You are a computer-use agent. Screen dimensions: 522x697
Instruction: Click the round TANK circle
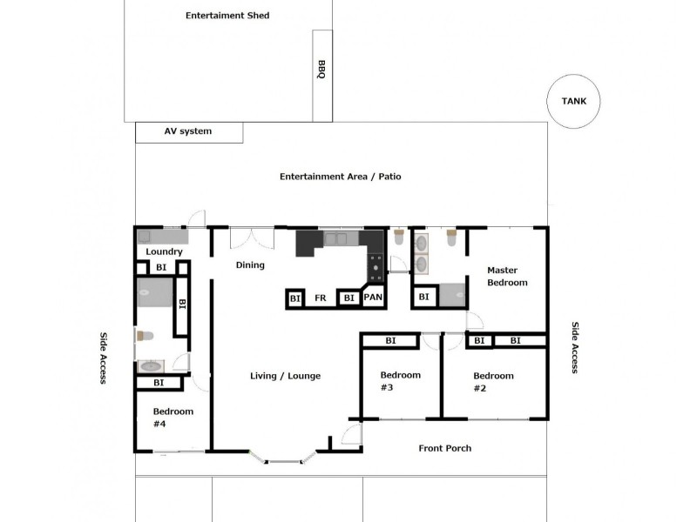(x=574, y=102)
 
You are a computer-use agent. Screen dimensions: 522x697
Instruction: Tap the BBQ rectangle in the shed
(x=321, y=76)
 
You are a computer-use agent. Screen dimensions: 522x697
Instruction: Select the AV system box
(x=189, y=132)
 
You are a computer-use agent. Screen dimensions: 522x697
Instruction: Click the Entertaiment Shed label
(x=227, y=16)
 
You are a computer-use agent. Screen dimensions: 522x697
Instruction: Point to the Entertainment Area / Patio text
(x=340, y=177)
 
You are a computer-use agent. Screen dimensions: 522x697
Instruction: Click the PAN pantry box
(x=373, y=298)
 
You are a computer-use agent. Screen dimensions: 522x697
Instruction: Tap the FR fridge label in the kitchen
(x=321, y=298)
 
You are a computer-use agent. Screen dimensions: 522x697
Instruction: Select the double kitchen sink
(x=335, y=237)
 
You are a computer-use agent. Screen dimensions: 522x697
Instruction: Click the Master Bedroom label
(x=507, y=277)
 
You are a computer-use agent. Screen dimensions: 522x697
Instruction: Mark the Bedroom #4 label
(x=173, y=418)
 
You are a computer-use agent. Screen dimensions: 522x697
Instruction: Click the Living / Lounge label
(x=285, y=376)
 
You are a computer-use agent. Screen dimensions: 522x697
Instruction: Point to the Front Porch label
(x=445, y=448)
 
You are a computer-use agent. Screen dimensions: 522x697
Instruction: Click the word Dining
(x=250, y=265)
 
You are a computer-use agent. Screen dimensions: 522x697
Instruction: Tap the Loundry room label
(x=164, y=252)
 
